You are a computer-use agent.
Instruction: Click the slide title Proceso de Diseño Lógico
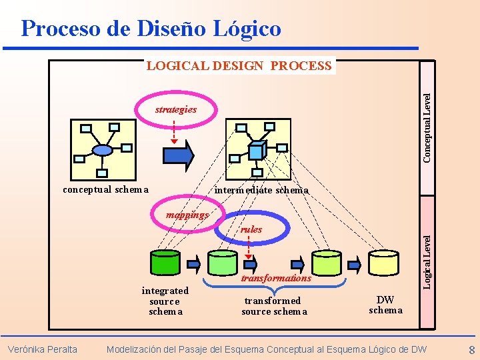pos(151,28)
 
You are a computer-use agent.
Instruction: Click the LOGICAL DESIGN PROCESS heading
pos(239,65)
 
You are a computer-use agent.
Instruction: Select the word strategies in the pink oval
pos(176,109)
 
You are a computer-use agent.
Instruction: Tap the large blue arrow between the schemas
pos(178,155)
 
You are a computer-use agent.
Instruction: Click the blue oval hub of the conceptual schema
pos(102,150)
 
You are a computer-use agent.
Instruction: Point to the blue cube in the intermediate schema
pos(257,147)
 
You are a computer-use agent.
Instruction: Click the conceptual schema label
pos(105,189)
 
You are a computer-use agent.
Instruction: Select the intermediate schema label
pos(261,190)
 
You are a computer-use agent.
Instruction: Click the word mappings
pos(187,215)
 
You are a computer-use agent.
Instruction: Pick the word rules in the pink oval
pos(251,229)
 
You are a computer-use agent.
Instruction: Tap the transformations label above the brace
pos(276,278)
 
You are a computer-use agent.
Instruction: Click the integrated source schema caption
pos(165,301)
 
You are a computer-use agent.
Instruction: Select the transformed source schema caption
pos(274,306)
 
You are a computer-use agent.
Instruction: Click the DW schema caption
pos(385,305)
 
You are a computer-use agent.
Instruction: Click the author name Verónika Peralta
pos(42,349)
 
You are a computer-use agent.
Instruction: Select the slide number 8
pos(471,350)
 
